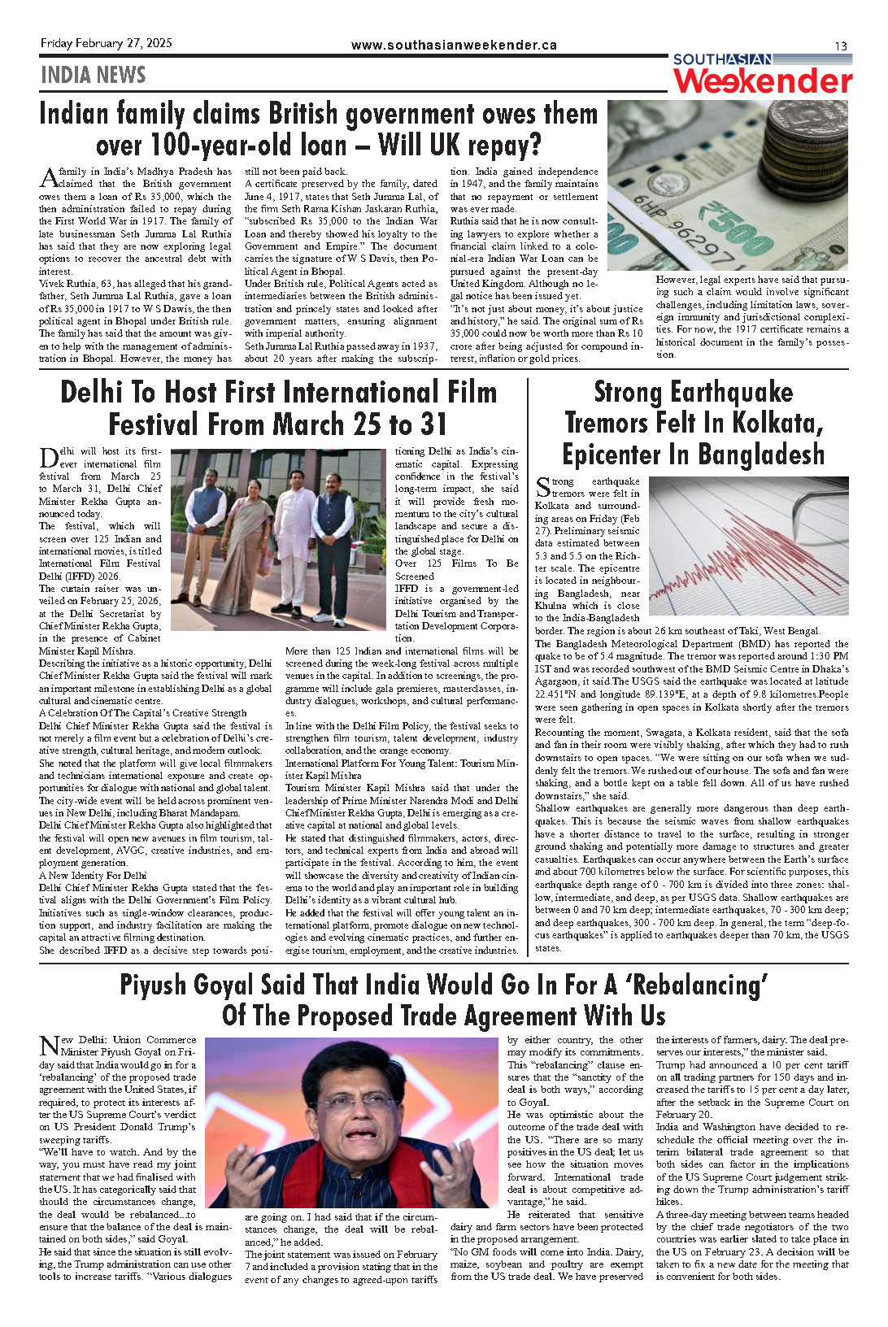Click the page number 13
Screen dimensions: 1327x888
click(841, 46)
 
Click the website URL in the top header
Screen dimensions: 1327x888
click(454, 46)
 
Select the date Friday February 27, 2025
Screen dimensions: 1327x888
click(106, 43)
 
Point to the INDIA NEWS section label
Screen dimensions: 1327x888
click(93, 76)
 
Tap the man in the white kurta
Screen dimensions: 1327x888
click(294, 537)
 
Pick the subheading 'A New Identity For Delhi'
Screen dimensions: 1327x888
click(93, 876)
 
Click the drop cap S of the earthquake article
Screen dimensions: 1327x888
click(542, 487)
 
